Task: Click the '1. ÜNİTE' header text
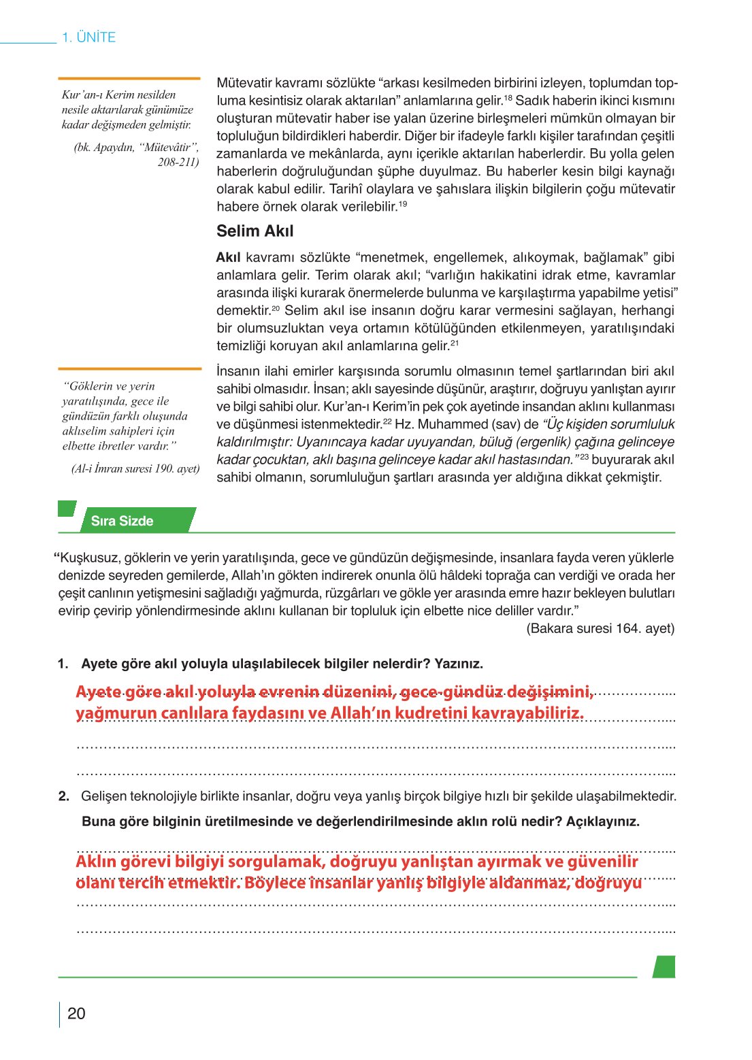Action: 88,37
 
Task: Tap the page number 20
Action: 76,1014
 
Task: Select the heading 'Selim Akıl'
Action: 255,231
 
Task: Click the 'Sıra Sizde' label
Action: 122,521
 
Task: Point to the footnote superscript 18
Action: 508,98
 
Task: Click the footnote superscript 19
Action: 403,204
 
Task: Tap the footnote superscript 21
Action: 455,343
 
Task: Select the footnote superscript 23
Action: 584,458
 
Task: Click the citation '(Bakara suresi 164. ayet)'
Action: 600,628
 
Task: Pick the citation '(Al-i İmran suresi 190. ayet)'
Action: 135,468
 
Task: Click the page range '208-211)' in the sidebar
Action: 178,162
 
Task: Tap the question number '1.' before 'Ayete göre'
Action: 63,664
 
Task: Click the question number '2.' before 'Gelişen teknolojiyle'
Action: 63,796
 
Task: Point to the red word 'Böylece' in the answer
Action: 274,883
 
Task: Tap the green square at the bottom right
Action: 664,967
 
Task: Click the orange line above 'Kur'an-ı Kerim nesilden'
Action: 129,79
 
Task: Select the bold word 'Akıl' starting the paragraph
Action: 229,258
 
